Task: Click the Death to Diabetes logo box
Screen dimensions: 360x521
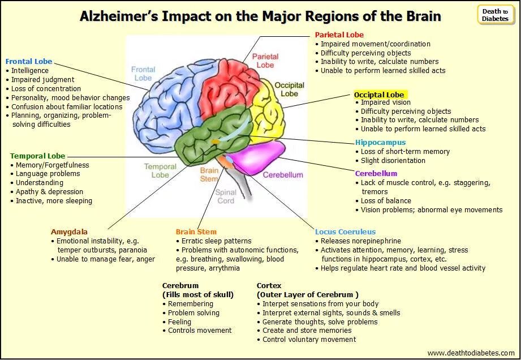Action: click(x=495, y=15)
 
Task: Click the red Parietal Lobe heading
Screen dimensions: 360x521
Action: click(x=339, y=35)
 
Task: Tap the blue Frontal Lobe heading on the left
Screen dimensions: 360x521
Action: click(x=28, y=61)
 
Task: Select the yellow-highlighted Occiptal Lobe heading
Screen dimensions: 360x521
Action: click(x=379, y=95)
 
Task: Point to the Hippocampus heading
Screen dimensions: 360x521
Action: click(x=380, y=142)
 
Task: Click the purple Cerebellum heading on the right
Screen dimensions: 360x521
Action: click(x=376, y=173)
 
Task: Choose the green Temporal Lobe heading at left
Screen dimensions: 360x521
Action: click(x=37, y=156)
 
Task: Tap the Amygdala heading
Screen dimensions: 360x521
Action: click(x=69, y=232)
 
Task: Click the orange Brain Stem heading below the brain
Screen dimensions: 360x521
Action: click(x=196, y=232)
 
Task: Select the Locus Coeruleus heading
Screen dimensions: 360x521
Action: click(x=345, y=232)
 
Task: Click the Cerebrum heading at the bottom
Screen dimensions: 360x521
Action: click(x=180, y=285)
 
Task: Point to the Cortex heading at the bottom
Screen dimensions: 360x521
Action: click(x=269, y=285)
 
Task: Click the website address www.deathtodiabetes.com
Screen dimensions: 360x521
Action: click(x=471, y=353)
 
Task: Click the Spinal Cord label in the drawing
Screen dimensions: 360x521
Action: click(x=225, y=196)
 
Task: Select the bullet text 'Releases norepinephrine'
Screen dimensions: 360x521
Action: click(x=361, y=241)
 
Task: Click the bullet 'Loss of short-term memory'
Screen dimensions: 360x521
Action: click(x=405, y=151)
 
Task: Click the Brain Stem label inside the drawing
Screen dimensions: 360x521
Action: click(x=209, y=174)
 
